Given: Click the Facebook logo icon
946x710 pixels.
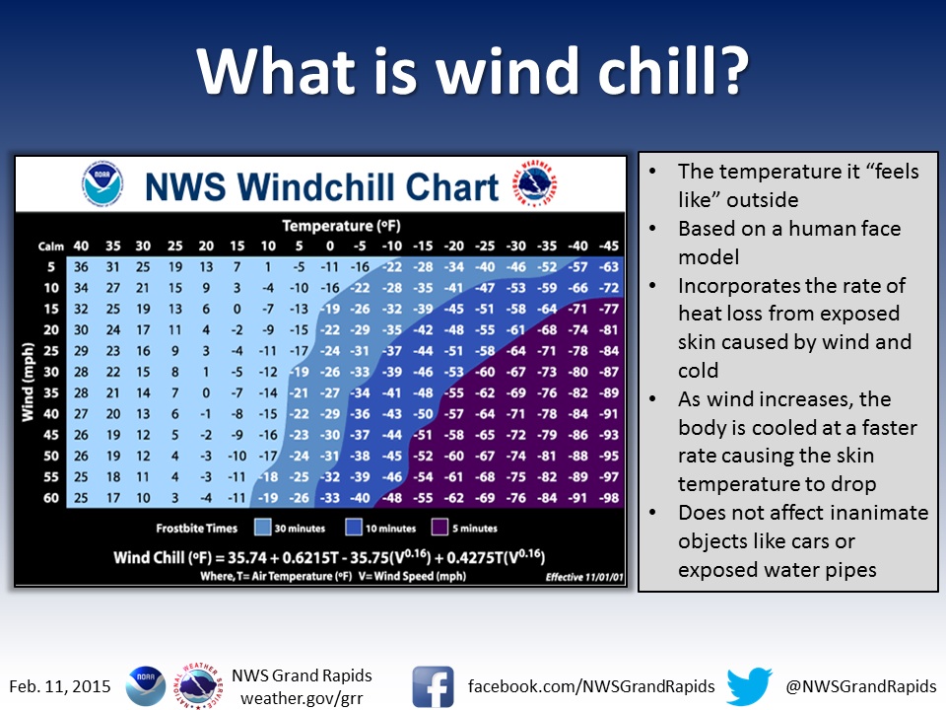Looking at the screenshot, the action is coord(434,686).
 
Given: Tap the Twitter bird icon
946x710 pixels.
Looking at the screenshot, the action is coord(749,686).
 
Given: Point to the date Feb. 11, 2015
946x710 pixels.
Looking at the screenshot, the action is coord(60,686).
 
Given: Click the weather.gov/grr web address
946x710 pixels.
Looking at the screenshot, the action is coord(302,698).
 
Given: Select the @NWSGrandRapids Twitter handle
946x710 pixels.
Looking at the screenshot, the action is coord(861,686).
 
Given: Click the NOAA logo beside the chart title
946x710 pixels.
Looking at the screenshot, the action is coord(102,183).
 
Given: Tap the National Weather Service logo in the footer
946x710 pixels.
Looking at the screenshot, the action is coord(198,686).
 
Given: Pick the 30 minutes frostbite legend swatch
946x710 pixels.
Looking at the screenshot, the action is coord(262,527).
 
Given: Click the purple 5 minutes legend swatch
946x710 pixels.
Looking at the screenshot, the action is coord(439,527).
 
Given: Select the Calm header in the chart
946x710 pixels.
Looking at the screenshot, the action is coord(50,247).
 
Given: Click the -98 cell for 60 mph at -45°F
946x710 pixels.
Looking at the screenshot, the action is coord(609,498).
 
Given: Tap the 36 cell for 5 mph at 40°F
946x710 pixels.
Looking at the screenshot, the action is coord(81,267).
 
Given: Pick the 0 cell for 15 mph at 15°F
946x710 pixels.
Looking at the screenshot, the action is coord(237,309).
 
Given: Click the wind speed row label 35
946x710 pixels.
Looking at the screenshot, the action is coord(51,393).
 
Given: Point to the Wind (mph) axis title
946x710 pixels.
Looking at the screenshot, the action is coord(28,383).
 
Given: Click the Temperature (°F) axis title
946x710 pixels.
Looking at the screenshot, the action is coord(342,226).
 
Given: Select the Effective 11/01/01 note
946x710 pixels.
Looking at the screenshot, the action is coord(584,577).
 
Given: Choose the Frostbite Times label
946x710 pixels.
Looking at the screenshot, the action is coord(197,529).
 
